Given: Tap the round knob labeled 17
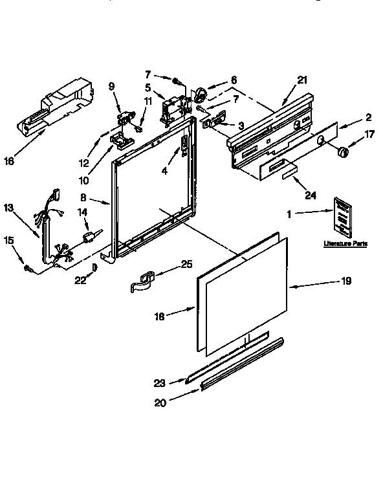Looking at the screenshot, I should pyautogui.click(x=344, y=153).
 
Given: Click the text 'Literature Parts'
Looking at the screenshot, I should pyautogui.click(x=345, y=244).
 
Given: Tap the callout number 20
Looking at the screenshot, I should pyautogui.click(x=160, y=403).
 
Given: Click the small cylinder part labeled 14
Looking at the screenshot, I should pyautogui.click(x=91, y=236).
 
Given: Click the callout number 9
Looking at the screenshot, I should pyautogui.click(x=111, y=86).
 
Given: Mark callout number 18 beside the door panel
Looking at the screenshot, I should pyautogui.click(x=161, y=316).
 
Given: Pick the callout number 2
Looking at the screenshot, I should pyautogui.click(x=367, y=117).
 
